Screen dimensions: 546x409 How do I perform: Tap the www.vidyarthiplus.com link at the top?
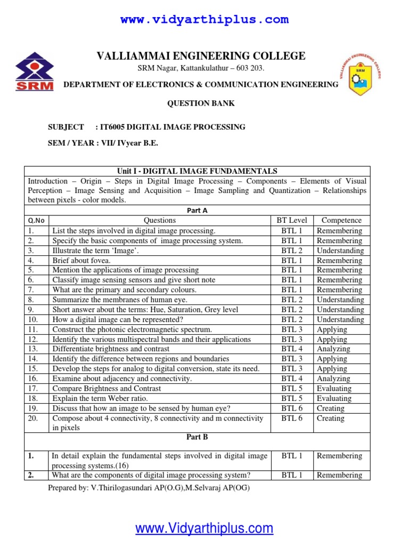tap(204, 20)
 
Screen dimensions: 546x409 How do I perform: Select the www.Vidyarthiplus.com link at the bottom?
tap(204, 528)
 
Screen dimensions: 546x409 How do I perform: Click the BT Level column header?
tap(292, 220)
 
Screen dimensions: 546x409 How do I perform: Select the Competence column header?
tap(341, 220)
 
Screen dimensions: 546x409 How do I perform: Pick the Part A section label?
tap(197, 211)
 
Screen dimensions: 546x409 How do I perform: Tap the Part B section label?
tap(197, 437)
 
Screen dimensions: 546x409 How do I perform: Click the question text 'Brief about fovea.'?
tap(81, 260)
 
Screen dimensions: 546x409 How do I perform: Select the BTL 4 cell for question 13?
tap(292, 349)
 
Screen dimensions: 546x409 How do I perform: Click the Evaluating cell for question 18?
tap(334, 398)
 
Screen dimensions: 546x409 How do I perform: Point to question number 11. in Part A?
tap(32, 330)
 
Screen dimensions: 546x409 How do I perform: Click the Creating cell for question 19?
tap(330, 408)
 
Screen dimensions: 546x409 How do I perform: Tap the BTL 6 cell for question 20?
tap(292, 419)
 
